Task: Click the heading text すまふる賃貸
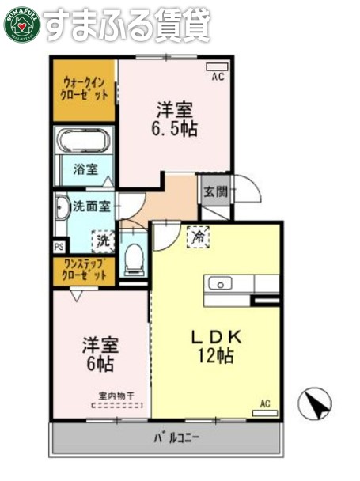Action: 127,25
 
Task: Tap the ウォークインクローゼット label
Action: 85,88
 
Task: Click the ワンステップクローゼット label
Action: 85,270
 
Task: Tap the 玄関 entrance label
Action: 214,191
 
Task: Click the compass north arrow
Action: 314,404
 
